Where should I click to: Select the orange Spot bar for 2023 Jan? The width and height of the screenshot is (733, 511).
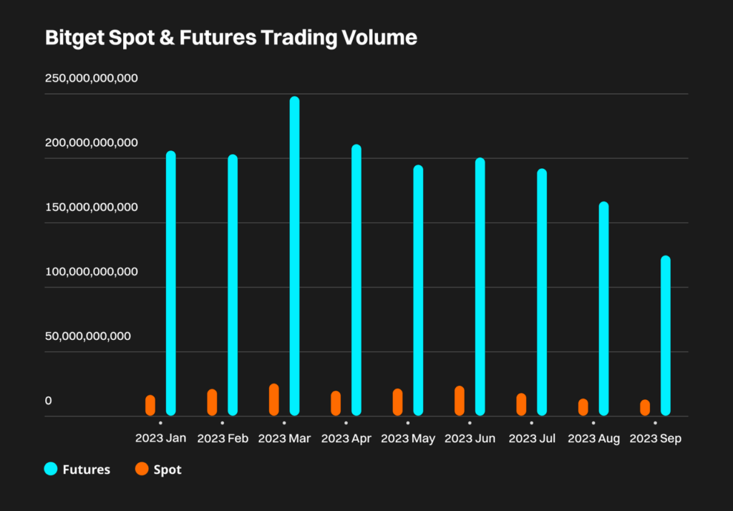coord(150,405)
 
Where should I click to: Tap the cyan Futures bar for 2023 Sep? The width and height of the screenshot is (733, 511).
coord(665,336)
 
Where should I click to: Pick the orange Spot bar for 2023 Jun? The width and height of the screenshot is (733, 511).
coord(460,401)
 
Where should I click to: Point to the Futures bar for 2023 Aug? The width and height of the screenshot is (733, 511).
coord(603,308)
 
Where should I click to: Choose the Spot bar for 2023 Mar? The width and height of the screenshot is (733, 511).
coord(274,399)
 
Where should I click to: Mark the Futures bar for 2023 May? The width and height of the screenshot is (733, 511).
coord(418,291)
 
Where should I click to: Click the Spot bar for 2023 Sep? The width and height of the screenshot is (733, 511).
coord(645,407)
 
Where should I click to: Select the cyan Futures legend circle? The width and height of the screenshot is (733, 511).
coord(51,469)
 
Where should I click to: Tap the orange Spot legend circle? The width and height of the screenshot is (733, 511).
coord(142,469)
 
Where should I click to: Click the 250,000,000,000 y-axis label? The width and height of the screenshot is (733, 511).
coord(92,78)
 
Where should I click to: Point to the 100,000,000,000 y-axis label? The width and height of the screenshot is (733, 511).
coord(92,271)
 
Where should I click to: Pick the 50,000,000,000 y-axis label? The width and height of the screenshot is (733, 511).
coord(88,336)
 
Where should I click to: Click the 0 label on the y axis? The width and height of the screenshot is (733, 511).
coord(49,400)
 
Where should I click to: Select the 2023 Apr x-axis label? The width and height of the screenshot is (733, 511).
coord(346,439)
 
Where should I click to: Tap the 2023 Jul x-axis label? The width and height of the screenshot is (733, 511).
coord(532,439)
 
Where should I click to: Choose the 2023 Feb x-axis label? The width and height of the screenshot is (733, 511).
coord(223,439)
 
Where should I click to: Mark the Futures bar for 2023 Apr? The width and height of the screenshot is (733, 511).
coord(356,280)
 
